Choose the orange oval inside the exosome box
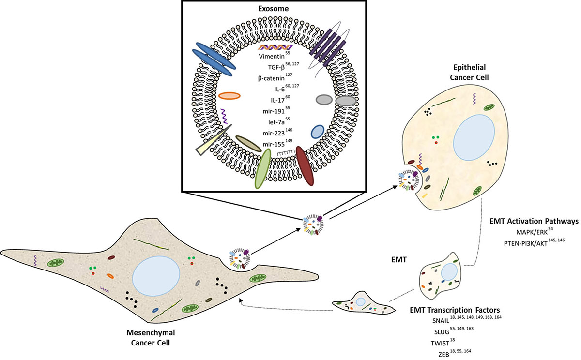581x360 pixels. point(229,96)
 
